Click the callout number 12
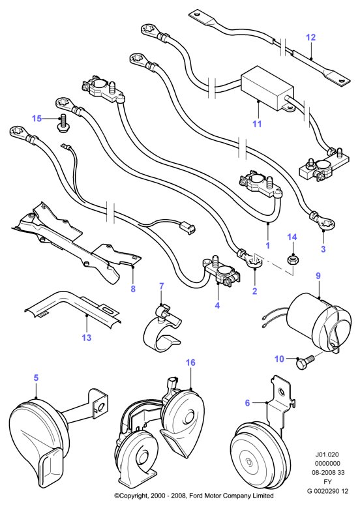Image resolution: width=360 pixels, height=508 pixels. tap(310, 37)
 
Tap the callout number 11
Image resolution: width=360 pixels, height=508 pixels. tap(257, 124)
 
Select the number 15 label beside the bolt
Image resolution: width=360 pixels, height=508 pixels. tap(37, 118)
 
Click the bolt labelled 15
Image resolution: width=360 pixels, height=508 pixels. tap(63, 123)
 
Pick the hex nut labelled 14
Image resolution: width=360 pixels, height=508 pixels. tap(293, 260)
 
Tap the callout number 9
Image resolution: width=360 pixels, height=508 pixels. tap(318, 276)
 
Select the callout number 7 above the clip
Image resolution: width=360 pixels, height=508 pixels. tap(161, 286)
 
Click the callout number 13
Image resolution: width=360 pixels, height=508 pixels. tap(87, 338)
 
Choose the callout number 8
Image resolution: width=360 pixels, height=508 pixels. tap(133, 289)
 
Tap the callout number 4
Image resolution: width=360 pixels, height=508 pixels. tap(217, 305)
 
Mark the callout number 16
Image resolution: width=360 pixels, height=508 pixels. tap(190, 362)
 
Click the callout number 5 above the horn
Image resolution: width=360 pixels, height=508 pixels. tap(36, 378)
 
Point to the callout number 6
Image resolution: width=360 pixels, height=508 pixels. tap(247, 403)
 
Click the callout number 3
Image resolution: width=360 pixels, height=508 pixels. tap(323, 249)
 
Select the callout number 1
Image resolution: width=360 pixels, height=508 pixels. tap(267, 246)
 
